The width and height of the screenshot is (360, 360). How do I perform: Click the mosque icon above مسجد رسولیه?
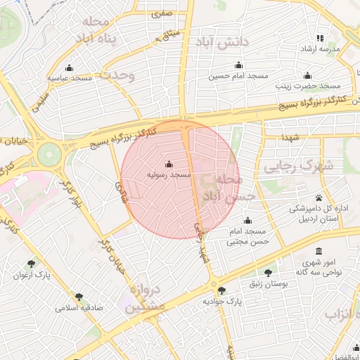pyautogui.click(x=167, y=165)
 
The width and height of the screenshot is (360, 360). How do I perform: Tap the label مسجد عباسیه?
pyautogui.click(x=70, y=78)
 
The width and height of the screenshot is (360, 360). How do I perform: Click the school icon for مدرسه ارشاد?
pyautogui.click(x=320, y=38)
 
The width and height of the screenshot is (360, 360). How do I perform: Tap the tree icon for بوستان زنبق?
pyautogui.click(x=268, y=273)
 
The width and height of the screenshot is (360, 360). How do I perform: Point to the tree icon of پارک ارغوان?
pyautogui.click(x=31, y=264)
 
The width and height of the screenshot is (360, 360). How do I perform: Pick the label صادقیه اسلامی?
pyautogui.click(x=79, y=308)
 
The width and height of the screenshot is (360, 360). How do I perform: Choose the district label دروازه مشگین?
pyautogui.click(x=145, y=298)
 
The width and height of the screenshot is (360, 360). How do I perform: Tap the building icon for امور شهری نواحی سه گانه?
pyautogui.click(x=319, y=251)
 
